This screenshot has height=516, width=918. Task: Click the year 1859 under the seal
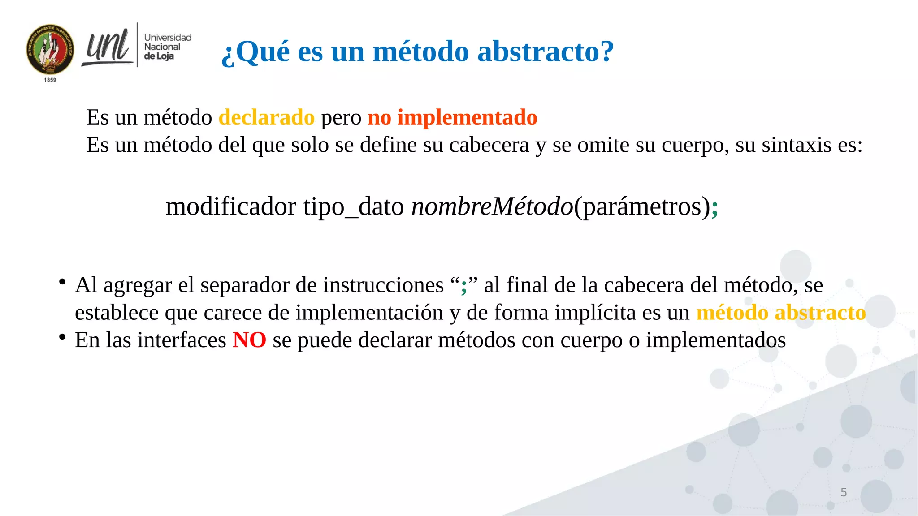(50, 80)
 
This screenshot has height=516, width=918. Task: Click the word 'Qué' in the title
(262, 52)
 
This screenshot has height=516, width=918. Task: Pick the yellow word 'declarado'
(266, 117)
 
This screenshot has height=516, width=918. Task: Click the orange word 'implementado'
(467, 117)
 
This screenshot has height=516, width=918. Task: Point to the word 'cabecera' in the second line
(489, 145)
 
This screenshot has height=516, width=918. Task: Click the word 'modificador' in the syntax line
(231, 207)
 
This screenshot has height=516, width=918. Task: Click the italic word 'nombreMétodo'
(492, 207)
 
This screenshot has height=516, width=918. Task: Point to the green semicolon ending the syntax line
(714, 208)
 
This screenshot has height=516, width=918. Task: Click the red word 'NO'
(249, 340)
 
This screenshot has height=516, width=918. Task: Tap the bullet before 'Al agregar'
(62, 282)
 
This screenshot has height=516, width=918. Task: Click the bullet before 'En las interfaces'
(62, 337)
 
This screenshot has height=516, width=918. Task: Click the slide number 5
(843, 493)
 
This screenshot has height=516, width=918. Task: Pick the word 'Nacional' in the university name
(162, 47)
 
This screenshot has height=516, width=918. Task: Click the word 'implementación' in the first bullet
(369, 313)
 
